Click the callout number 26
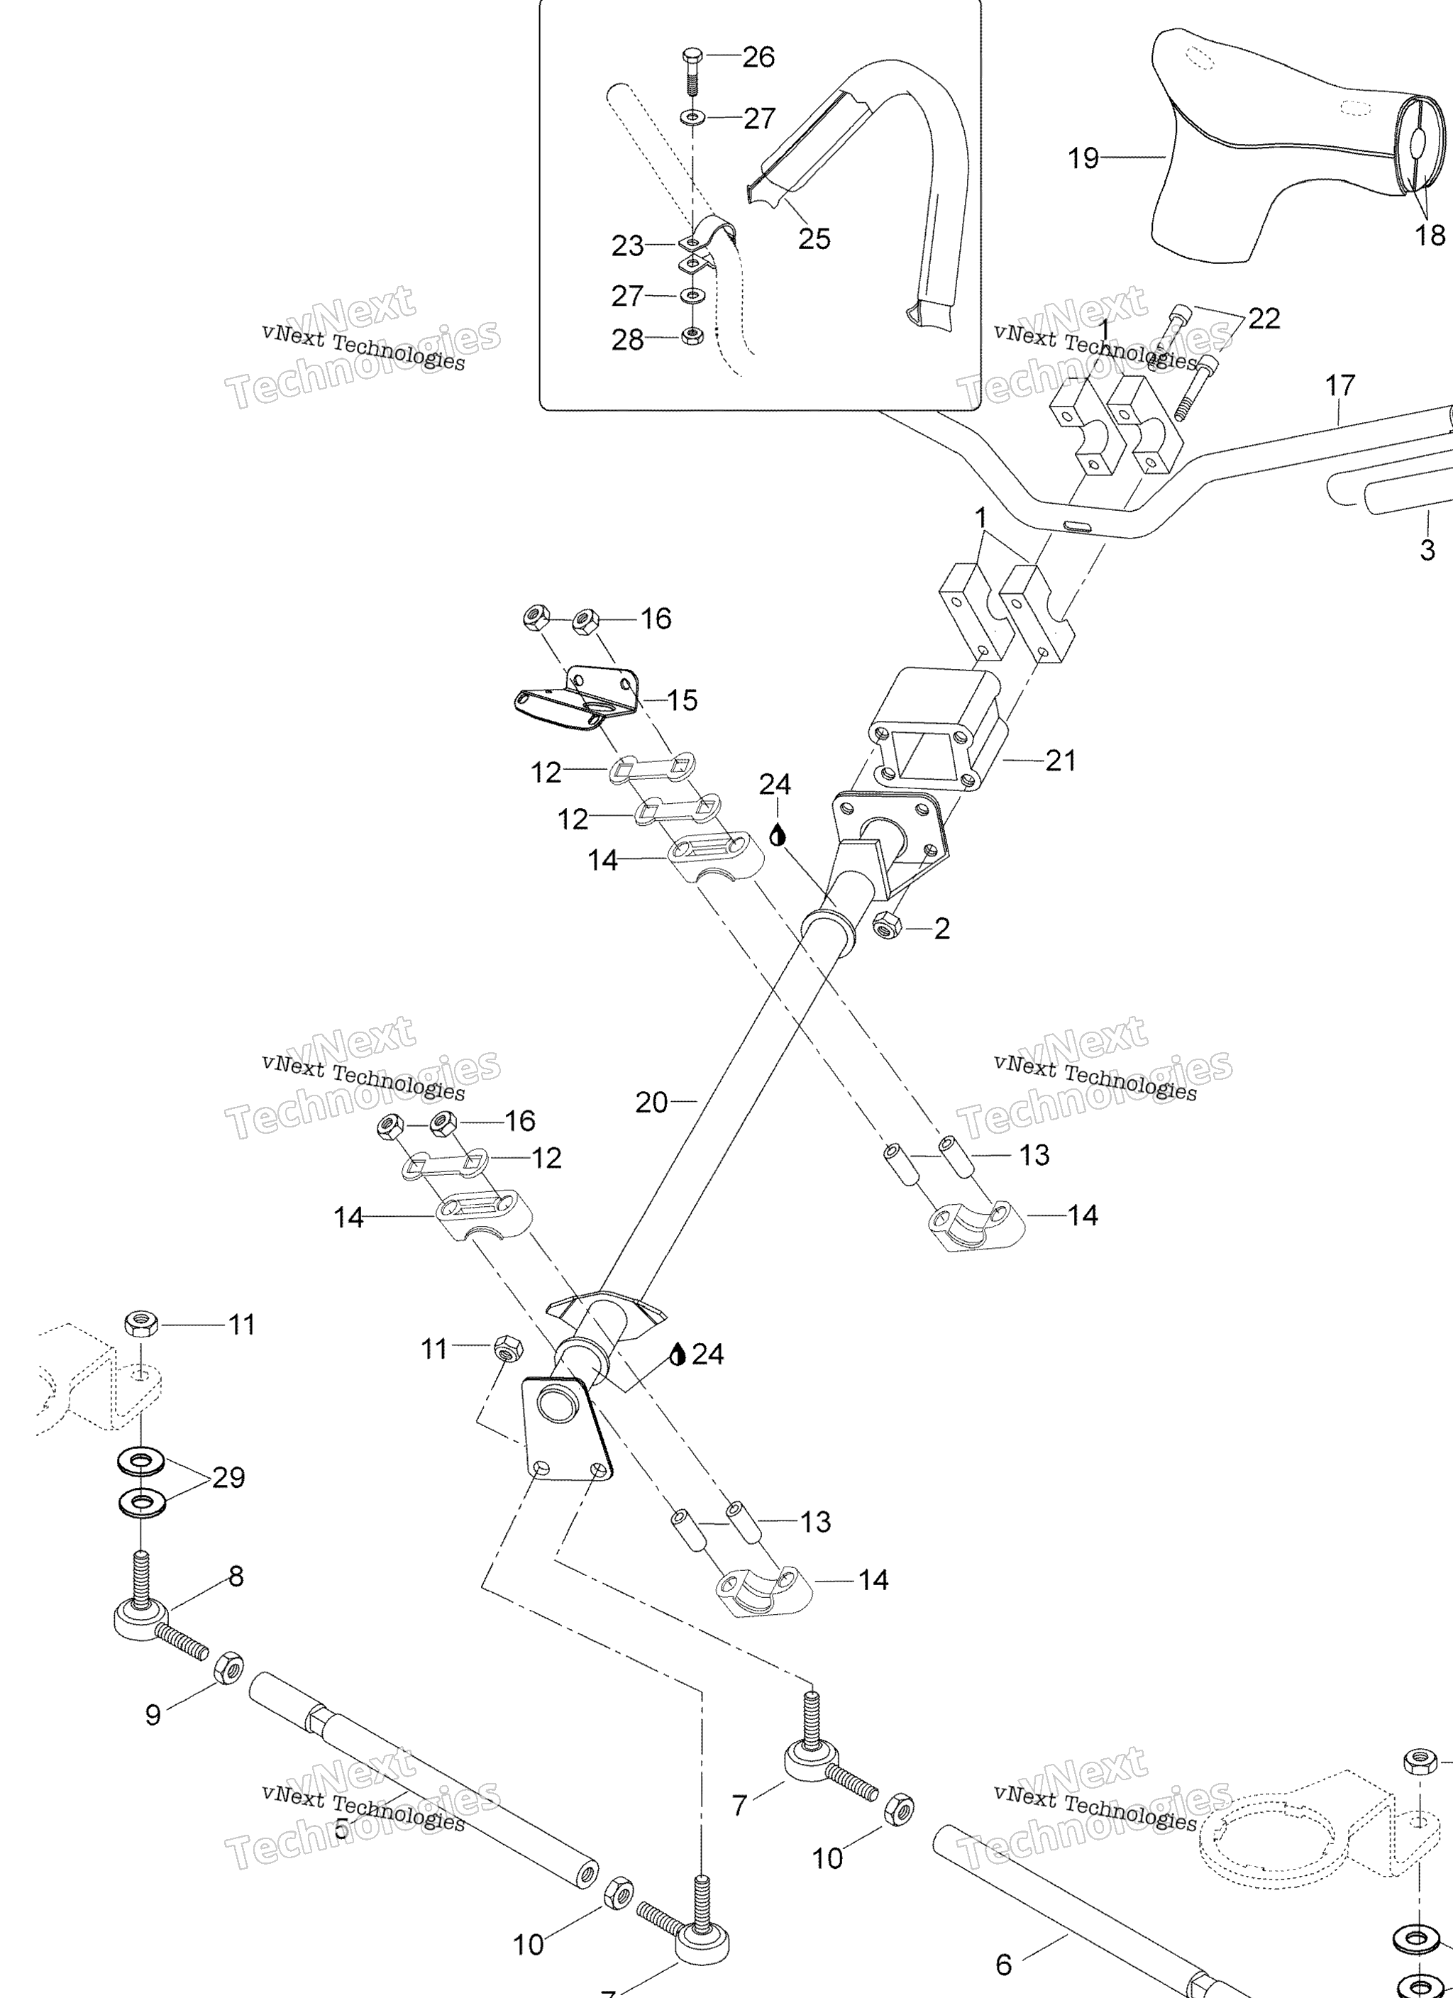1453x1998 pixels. click(x=758, y=57)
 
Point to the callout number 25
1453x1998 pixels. click(x=814, y=238)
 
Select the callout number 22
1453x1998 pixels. click(x=1264, y=318)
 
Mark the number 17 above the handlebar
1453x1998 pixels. click(x=1339, y=386)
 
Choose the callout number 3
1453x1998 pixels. click(x=1427, y=551)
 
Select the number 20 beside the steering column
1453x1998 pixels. click(x=651, y=1102)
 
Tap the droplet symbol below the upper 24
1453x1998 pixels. click(x=776, y=834)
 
